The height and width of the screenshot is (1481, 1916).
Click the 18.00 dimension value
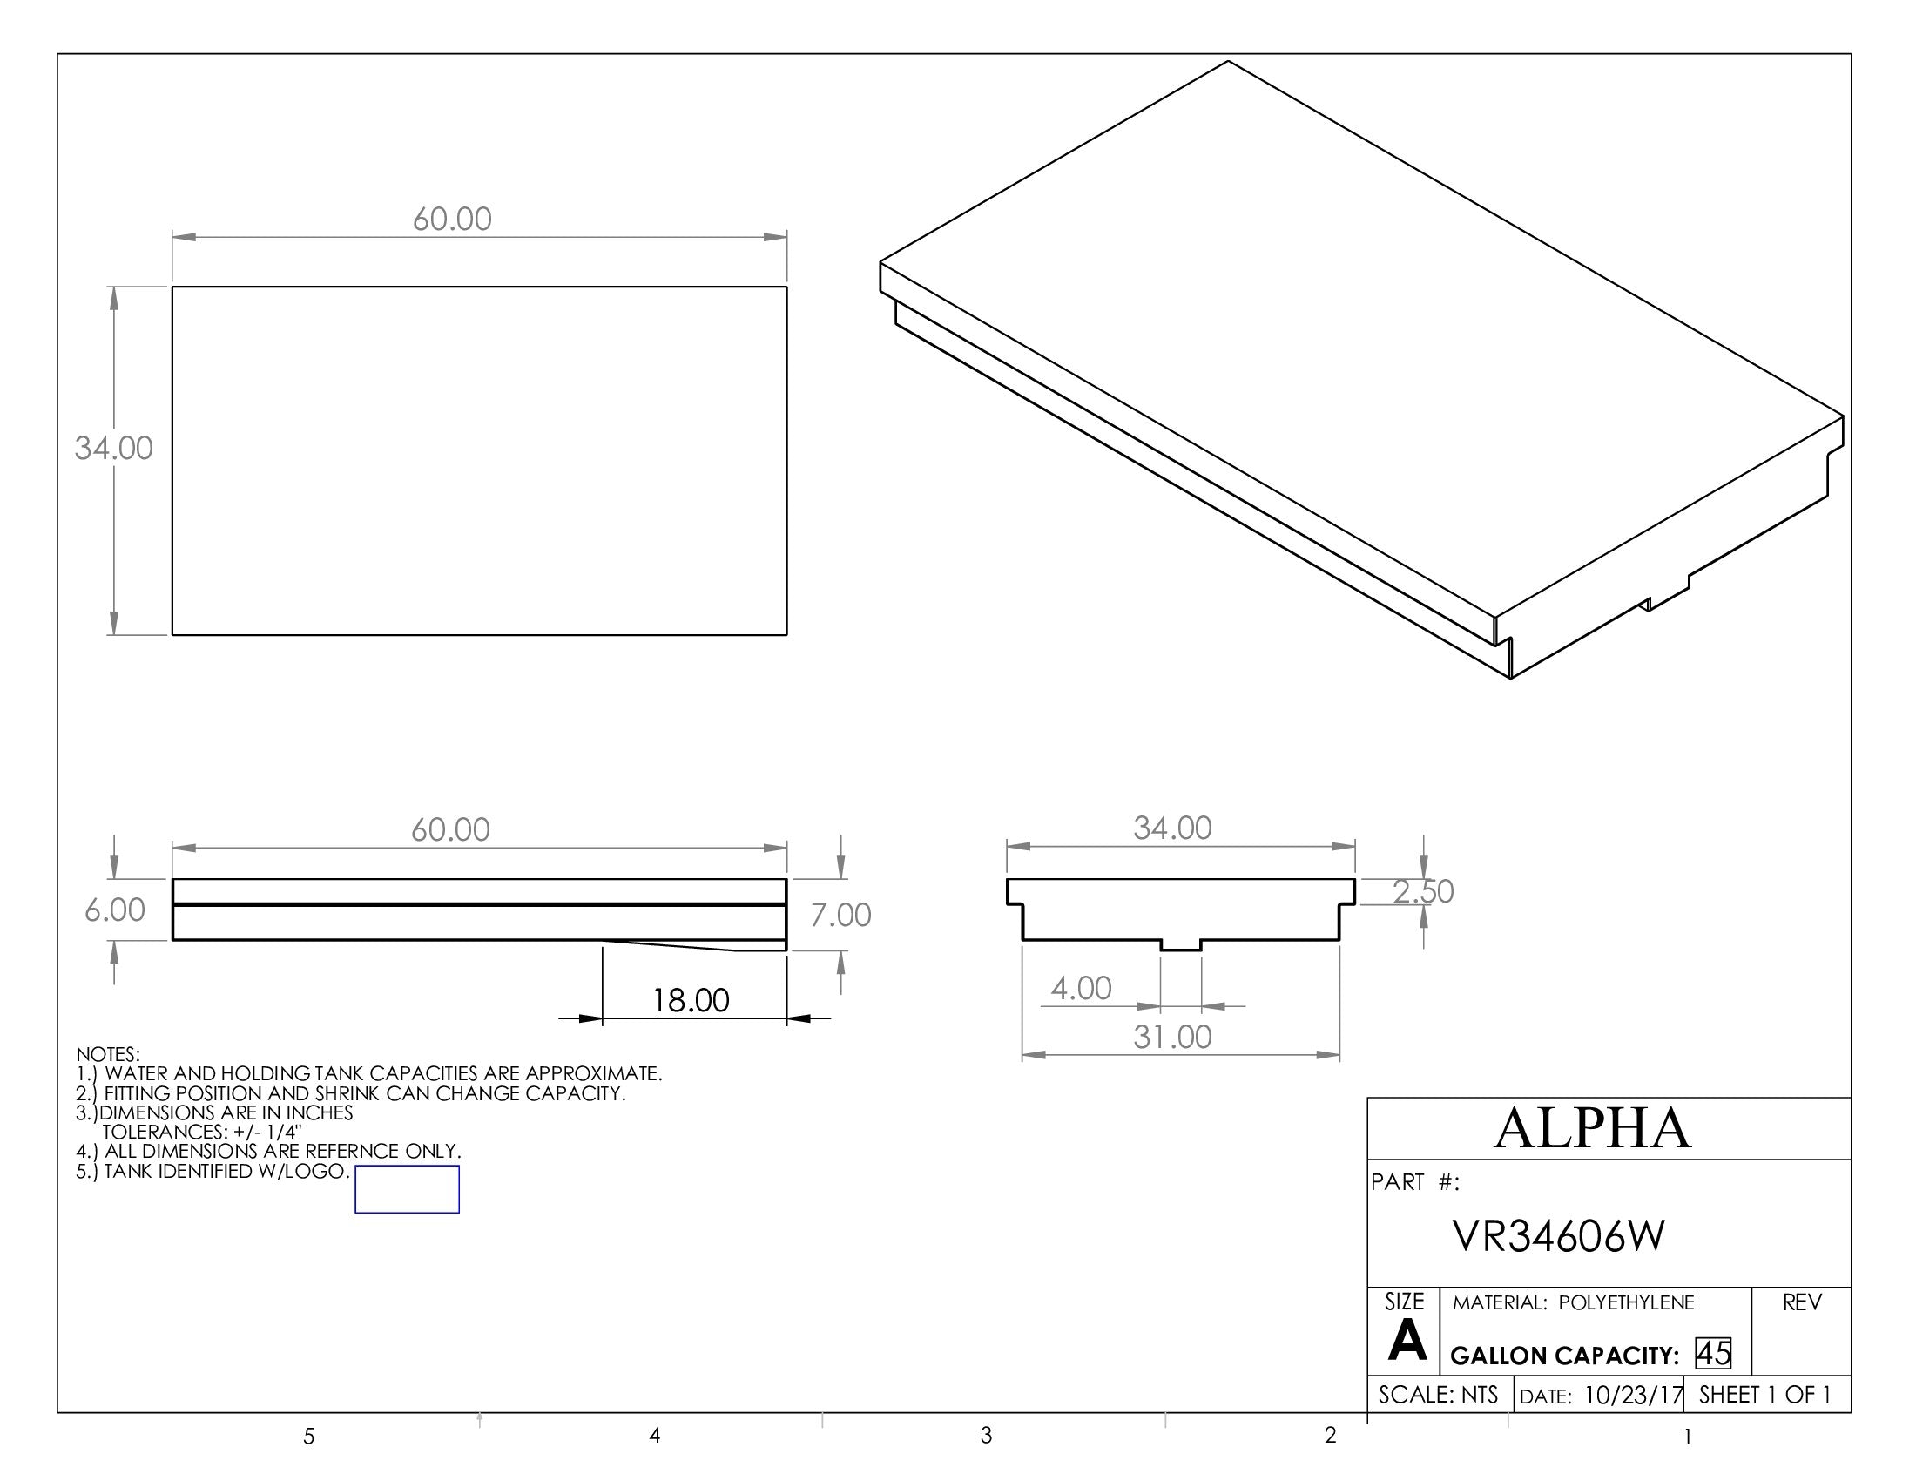(x=691, y=1000)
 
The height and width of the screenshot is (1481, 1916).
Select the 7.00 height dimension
(x=840, y=915)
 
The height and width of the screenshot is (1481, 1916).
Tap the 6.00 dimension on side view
(x=115, y=910)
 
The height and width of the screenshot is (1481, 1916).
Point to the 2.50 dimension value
(x=1423, y=891)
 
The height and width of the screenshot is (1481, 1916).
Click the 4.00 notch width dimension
(x=1081, y=989)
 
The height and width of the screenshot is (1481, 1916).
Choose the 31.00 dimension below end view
(x=1172, y=1037)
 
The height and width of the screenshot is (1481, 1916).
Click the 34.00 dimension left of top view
(x=113, y=449)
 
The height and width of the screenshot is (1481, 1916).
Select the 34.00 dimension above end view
(x=1172, y=828)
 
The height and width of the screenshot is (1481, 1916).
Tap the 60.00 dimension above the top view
(x=452, y=219)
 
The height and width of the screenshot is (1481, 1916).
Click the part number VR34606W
(x=1558, y=1236)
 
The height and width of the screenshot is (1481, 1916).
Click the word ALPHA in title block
(x=1592, y=1128)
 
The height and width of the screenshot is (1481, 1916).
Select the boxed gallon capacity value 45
(x=1712, y=1354)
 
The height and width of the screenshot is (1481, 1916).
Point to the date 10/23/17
(x=1634, y=1395)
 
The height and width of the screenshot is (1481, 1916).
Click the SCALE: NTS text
(x=1438, y=1395)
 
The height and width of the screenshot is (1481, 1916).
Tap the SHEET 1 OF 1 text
(x=1764, y=1395)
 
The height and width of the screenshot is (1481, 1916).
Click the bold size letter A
(x=1407, y=1341)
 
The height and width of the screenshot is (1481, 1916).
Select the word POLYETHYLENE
(x=1627, y=1303)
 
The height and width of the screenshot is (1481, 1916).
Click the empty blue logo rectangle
(x=407, y=1190)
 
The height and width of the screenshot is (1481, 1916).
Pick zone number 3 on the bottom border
(x=986, y=1436)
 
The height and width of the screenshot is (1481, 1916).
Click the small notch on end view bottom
(x=1181, y=945)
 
